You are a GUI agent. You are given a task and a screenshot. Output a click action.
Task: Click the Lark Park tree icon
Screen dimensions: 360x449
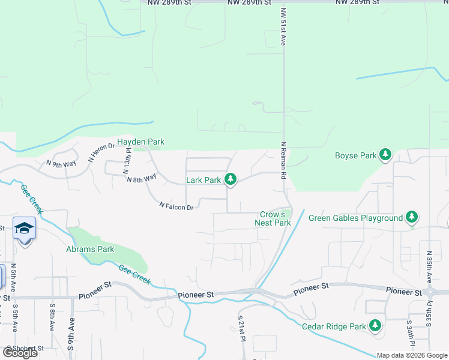click(x=230, y=179)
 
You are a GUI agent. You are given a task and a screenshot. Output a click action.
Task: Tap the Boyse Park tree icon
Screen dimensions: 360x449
click(x=385, y=155)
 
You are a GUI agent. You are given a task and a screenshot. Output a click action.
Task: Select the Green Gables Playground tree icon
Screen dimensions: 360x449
click(x=411, y=217)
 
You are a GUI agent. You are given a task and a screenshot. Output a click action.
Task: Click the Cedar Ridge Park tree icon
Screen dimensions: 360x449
click(x=375, y=326)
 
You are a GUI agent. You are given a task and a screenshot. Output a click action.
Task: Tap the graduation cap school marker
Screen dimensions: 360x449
click(x=24, y=229)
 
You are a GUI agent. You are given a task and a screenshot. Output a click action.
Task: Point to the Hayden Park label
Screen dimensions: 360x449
click(x=140, y=142)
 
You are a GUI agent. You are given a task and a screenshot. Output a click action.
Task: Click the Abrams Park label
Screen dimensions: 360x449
click(x=91, y=249)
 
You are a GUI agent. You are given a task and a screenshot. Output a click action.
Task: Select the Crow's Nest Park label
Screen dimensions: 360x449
click(x=276, y=218)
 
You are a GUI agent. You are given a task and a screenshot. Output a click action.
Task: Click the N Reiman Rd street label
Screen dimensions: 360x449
click(x=283, y=161)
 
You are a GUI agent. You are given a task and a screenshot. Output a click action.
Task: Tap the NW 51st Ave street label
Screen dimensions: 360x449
click(x=283, y=27)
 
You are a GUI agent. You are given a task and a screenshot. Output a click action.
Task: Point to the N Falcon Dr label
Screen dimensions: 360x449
click(x=176, y=206)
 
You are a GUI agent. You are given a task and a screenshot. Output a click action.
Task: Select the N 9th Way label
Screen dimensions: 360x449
click(x=61, y=163)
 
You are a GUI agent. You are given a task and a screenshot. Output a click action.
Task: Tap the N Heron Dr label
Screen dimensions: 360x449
click(x=101, y=152)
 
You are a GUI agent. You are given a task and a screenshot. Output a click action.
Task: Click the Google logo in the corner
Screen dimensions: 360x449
click(x=20, y=353)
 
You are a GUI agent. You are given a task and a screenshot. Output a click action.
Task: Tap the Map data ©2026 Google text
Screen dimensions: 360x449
click(x=411, y=355)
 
